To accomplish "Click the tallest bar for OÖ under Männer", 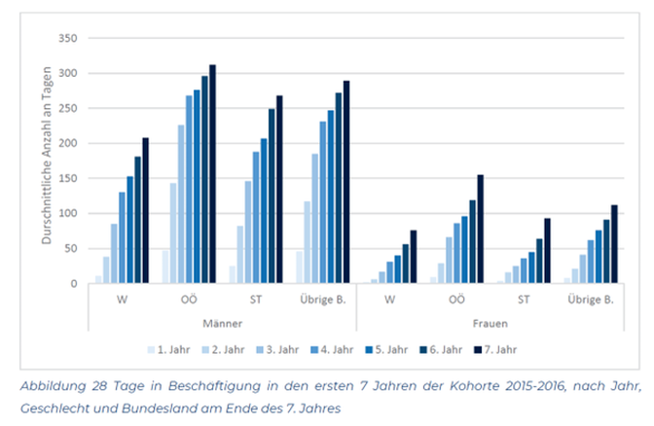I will click(x=212, y=175).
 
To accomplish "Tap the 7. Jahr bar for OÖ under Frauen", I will click(x=480, y=230).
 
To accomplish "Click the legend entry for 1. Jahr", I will click(x=169, y=346).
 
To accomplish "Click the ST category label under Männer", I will click(x=256, y=300).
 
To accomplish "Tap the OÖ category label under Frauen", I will click(x=455, y=300).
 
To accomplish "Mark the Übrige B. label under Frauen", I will click(x=590, y=300).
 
